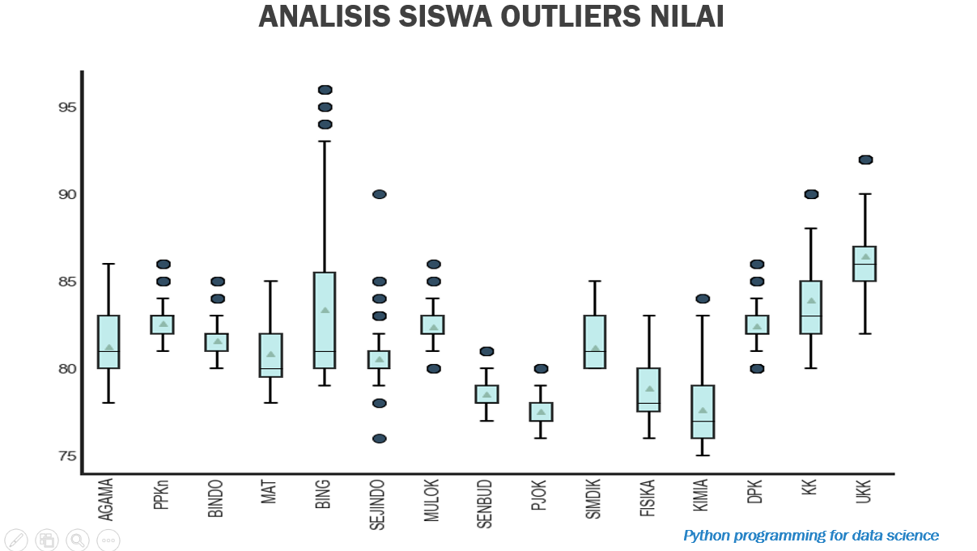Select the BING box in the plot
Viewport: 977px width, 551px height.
[325, 320]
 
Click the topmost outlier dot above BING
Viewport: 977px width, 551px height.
[325, 90]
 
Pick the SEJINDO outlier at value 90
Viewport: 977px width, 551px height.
[379, 194]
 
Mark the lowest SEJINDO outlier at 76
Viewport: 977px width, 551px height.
[379, 439]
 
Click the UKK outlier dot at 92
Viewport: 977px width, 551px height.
[865, 159]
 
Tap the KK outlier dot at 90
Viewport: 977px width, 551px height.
[811, 194]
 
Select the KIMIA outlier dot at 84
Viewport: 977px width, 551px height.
[703, 299]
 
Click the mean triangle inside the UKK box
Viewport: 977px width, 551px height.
[865, 257]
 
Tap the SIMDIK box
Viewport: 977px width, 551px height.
[595, 341]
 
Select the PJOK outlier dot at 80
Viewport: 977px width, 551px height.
[541, 369]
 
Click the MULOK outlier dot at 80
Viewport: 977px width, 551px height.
[433, 369]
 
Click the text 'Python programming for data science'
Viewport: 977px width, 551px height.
[811, 536]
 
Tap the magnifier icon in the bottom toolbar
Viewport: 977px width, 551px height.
[78, 540]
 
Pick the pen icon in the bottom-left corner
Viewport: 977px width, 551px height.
[15, 540]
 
